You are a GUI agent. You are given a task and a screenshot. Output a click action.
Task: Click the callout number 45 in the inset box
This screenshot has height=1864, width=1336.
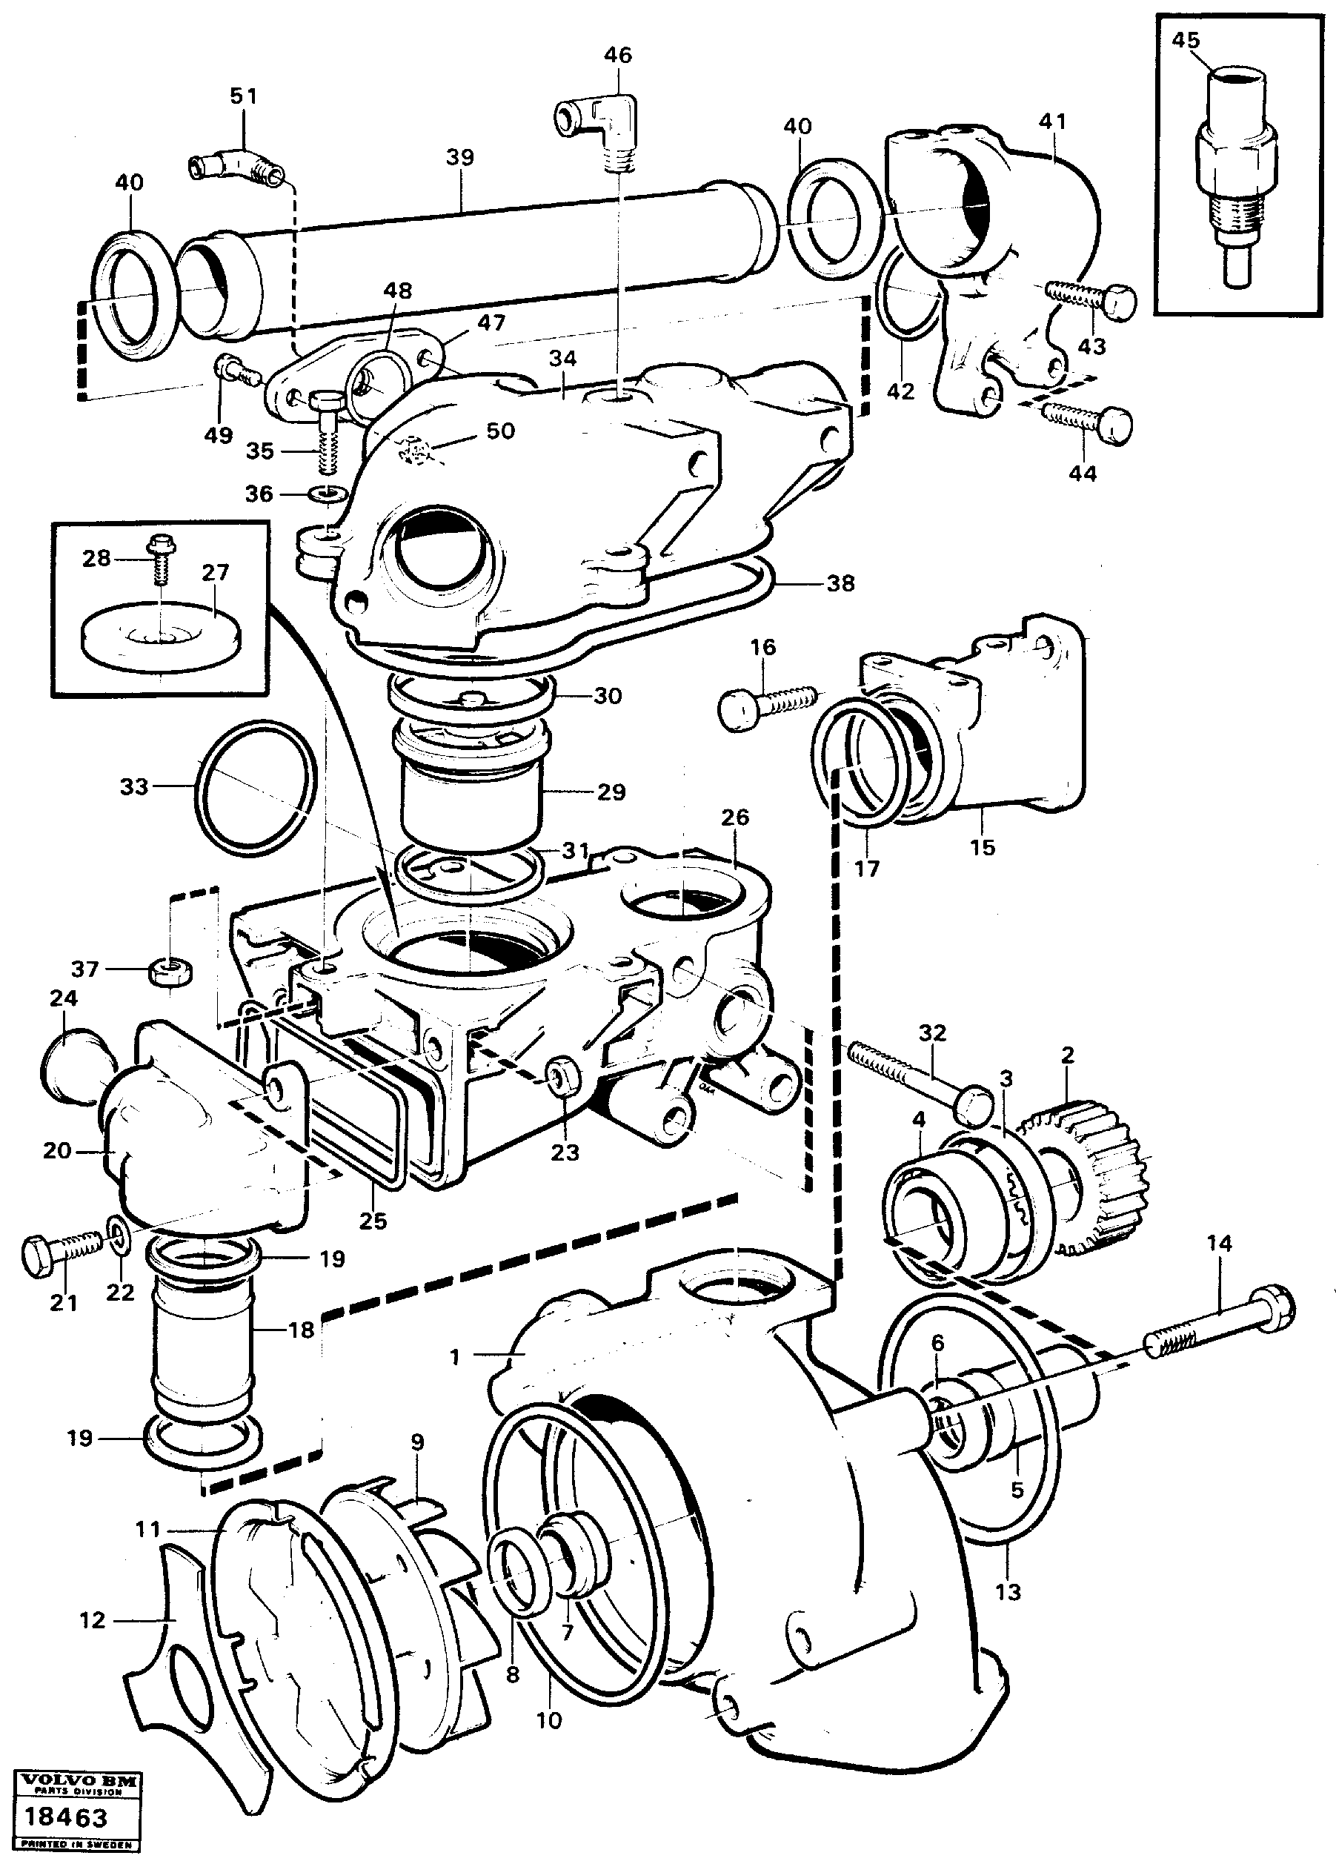click(1185, 40)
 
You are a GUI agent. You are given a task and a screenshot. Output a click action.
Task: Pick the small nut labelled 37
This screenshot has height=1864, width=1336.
click(171, 972)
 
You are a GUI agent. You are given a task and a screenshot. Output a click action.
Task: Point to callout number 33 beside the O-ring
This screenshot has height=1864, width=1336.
click(134, 786)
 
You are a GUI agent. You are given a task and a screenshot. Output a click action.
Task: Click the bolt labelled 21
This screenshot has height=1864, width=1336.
click(62, 1253)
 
